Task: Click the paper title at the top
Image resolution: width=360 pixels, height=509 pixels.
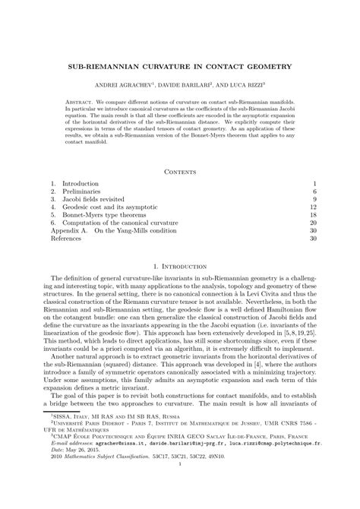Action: pos(180,67)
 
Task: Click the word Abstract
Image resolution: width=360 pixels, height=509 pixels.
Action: pos(80,101)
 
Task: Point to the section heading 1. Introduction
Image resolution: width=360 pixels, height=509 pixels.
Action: pos(180,267)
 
